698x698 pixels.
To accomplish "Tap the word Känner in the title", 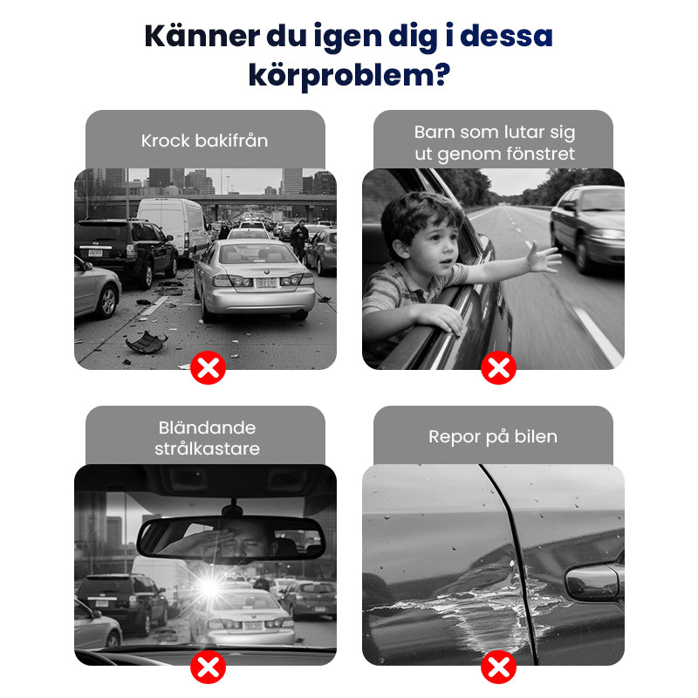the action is [202, 36].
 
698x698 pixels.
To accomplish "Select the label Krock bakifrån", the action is [205, 140].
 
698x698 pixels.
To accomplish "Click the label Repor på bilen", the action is [493, 437].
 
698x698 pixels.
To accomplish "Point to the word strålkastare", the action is [207, 448].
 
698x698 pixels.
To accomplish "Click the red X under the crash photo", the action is [208, 367].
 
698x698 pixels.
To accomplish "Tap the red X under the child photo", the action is [498, 367].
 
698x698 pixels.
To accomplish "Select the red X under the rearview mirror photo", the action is [208, 667].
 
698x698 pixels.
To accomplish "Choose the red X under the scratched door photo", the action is [498, 667].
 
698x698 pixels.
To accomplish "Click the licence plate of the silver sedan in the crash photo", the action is [266, 283].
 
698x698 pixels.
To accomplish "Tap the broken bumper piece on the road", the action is [147, 342].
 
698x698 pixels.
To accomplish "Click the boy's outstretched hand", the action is [543, 258].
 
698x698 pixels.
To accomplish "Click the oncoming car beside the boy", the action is [587, 228].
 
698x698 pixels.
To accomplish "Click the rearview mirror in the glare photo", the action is [230, 538].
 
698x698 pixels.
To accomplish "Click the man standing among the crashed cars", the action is [299, 241].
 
